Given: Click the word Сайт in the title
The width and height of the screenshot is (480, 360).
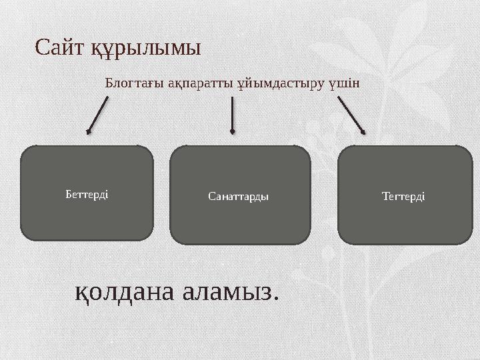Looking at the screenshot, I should [x=60, y=48].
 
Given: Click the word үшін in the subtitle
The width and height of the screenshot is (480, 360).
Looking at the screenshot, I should [x=345, y=84].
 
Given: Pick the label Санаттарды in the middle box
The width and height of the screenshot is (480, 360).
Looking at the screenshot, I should [x=238, y=197].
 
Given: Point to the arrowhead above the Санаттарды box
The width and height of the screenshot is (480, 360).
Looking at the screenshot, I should [x=232, y=131].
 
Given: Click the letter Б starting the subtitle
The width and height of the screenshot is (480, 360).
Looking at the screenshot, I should [x=109, y=84].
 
